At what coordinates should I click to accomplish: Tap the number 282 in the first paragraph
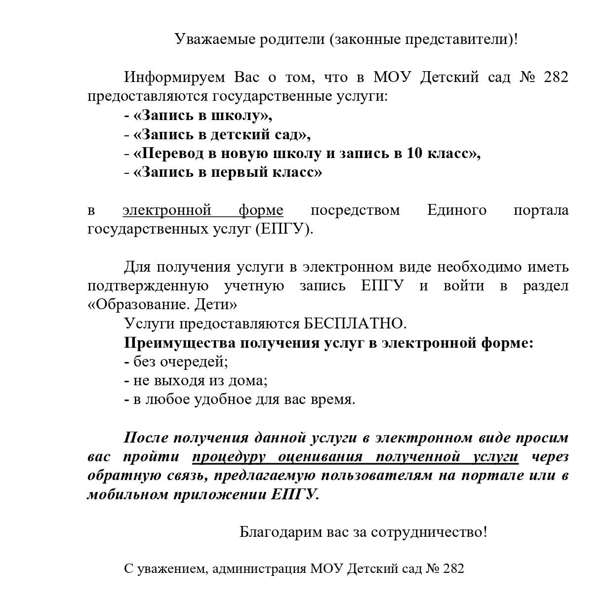pos(556,77)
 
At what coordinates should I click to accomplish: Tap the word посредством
pos(355,210)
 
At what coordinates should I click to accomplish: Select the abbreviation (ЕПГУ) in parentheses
pos(285,230)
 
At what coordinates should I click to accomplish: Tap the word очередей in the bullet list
pos(195,362)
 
